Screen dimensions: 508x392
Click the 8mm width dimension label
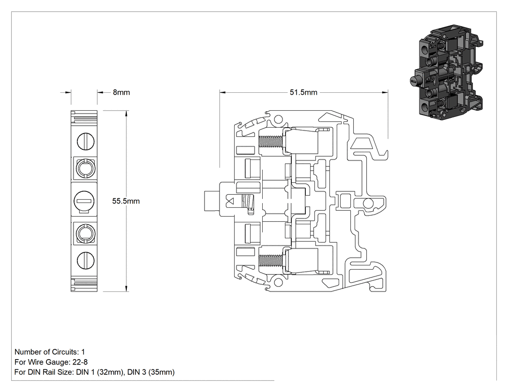pos(121,92)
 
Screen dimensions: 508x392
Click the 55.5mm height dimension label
pos(126,201)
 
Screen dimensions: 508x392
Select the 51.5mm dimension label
pos(303,92)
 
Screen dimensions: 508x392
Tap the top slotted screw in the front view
pos(86,141)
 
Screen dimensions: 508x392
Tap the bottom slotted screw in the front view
pos(86,260)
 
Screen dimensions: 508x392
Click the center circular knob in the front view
pos(84,201)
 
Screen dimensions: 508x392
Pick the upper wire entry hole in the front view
pos(85,168)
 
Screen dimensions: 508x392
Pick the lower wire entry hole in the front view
pos(85,233)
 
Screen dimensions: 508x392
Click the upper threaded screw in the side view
pos(271,141)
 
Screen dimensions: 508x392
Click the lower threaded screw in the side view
pos(271,261)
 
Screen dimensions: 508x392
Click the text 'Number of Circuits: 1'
pos(49,352)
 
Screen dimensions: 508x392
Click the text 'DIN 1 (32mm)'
pos(100,372)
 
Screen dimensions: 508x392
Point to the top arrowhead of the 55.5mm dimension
pos(126,113)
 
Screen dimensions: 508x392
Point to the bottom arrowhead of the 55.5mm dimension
pos(126,289)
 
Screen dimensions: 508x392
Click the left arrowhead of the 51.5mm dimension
pos(222,92)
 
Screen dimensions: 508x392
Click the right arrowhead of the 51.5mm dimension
pos(385,92)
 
